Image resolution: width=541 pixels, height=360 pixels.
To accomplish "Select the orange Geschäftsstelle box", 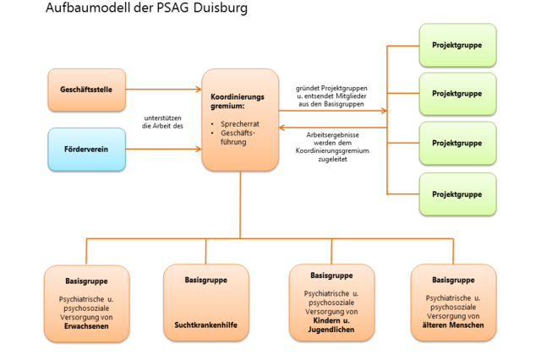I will (86, 89).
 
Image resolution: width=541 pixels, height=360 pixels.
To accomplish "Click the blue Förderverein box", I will (86, 149).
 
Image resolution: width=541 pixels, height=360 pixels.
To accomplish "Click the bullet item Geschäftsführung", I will (238, 139).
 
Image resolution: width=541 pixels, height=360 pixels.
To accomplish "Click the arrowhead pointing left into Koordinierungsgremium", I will (284, 128).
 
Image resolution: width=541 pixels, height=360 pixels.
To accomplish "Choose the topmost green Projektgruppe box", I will (457, 45).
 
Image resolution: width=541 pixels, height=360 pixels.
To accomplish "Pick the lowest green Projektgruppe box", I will (457, 194).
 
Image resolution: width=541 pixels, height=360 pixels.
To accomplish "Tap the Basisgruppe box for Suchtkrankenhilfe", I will (205, 303).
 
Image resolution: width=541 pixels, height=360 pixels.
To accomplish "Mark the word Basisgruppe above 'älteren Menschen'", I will (453, 280).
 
